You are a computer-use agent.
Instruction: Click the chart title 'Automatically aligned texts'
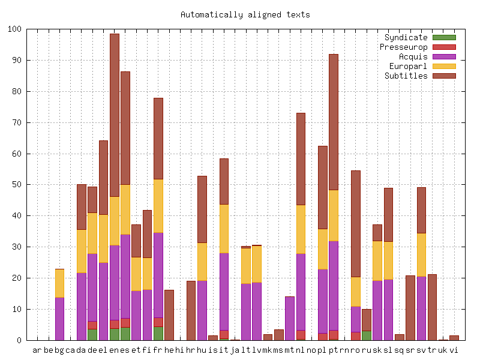click(x=245, y=14)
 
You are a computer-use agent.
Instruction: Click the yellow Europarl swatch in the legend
click(x=444, y=66)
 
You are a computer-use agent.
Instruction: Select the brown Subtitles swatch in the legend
click(x=444, y=76)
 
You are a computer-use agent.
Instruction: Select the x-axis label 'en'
click(x=114, y=349)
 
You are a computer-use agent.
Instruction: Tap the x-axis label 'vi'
click(x=454, y=349)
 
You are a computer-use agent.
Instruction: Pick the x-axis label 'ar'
click(x=37, y=349)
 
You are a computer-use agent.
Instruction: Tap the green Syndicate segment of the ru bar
click(x=366, y=335)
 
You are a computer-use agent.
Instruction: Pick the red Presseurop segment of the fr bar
click(x=158, y=322)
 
